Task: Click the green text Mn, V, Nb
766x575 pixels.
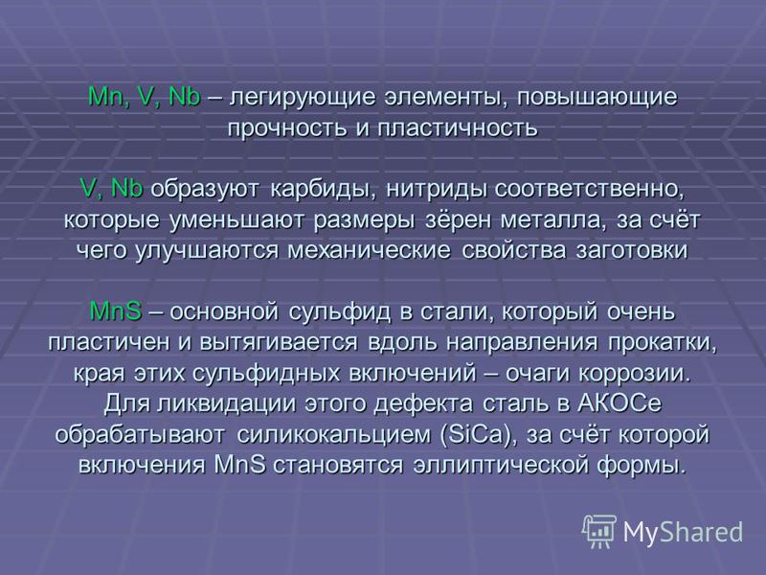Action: pyautogui.click(x=145, y=98)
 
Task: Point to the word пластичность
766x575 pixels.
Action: pyautogui.click(x=458, y=128)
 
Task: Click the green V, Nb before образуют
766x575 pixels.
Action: pyautogui.click(x=111, y=189)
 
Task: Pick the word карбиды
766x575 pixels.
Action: pyautogui.click(x=324, y=190)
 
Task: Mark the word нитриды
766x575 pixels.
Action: pyautogui.click(x=437, y=190)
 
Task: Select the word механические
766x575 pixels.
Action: pyautogui.click(x=369, y=251)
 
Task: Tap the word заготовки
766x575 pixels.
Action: pyautogui.click(x=632, y=251)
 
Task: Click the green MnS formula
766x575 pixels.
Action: pyautogui.click(x=116, y=311)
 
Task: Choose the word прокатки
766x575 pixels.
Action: pyautogui.click(x=663, y=343)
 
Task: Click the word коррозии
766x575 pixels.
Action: pyautogui.click(x=635, y=374)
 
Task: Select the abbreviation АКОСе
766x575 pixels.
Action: pyautogui.click(x=620, y=404)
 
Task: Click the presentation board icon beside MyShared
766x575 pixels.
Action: pyautogui.click(x=599, y=531)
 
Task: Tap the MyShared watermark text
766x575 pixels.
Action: pyautogui.click(x=683, y=532)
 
